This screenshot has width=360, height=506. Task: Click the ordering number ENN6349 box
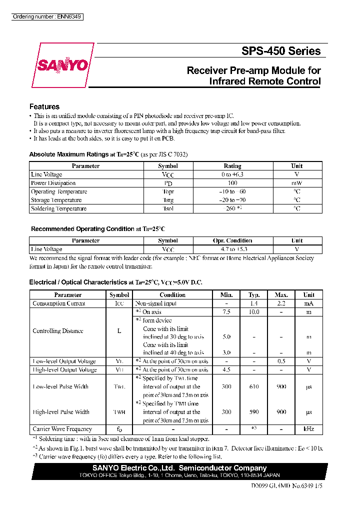(x=47, y=17)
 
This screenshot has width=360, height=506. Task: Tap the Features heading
(x=44, y=106)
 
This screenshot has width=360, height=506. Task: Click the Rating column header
(x=232, y=166)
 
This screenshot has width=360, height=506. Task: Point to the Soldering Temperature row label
(x=58, y=208)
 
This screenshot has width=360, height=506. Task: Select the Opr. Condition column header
(x=232, y=240)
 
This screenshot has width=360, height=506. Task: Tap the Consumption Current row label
(x=58, y=303)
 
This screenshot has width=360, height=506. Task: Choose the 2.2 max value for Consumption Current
(x=281, y=303)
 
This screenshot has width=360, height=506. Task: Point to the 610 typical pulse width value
(x=254, y=386)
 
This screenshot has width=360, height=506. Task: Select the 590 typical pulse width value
(x=254, y=412)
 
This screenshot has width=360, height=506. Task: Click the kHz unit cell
(x=309, y=429)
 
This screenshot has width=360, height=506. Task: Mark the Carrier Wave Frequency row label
(x=62, y=429)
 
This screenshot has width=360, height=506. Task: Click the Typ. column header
(x=254, y=295)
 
